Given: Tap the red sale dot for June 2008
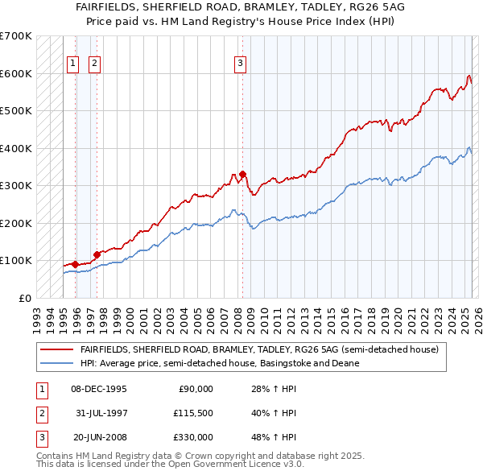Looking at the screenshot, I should coord(242,174).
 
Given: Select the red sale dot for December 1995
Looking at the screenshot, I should coord(76,264).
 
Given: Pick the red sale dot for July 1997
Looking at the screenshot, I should coord(97,254).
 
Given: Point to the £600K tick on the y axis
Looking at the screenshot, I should coord(16,73).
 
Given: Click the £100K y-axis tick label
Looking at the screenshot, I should coord(16,261).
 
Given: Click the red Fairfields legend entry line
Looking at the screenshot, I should coord(56,349).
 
